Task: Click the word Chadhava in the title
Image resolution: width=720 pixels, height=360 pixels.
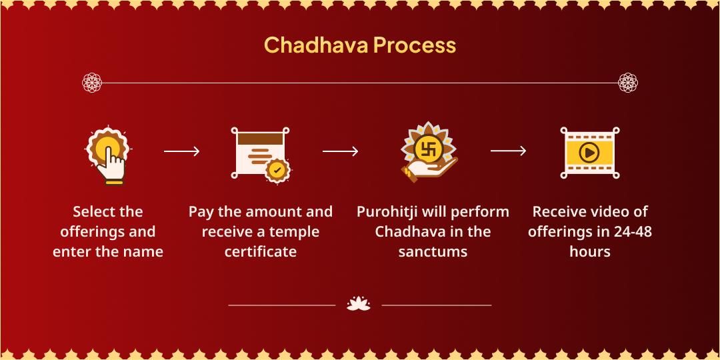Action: (x=316, y=45)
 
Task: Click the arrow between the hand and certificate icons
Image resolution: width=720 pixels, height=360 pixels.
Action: (x=181, y=152)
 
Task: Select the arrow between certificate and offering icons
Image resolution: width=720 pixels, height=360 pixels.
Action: (x=341, y=152)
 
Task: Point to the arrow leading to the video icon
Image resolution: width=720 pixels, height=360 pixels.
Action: (x=508, y=151)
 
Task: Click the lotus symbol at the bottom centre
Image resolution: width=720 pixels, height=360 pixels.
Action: (x=359, y=304)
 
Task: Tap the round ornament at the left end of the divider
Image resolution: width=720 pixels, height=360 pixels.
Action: (x=92, y=83)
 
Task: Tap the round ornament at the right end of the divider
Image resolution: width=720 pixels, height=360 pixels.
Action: (x=628, y=83)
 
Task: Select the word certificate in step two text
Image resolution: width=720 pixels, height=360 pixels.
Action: (x=261, y=252)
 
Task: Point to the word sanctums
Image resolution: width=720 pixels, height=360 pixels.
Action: (x=433, y=252)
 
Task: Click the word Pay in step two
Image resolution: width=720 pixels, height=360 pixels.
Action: (x=201, y=212)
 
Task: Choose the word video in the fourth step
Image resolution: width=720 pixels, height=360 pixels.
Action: (x=607, y=212)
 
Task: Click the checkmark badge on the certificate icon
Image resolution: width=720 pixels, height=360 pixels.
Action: (x=277, y=170)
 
